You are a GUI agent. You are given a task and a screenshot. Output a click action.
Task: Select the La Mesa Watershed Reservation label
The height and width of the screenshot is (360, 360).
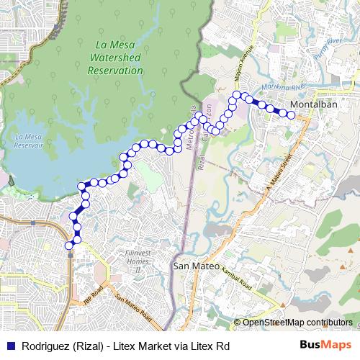115,59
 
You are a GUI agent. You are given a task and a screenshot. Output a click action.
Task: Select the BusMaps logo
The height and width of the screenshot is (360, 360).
328,345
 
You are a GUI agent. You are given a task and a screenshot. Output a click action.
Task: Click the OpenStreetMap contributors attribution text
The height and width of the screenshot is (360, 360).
297,322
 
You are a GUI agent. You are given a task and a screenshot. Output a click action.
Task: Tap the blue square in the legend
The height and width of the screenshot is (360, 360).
9,346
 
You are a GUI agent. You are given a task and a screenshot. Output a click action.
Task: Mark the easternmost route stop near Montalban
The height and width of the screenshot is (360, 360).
291,114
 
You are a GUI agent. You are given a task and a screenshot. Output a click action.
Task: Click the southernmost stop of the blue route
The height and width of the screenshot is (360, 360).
70,246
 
